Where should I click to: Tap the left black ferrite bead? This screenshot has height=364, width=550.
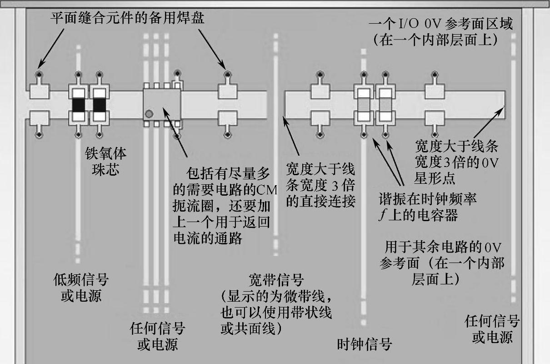tap(79, 105)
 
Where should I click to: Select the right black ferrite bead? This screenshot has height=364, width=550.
tap(100, 105)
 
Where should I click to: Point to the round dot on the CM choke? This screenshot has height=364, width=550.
tap(149, 113)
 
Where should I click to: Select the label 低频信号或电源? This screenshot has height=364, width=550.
tap(81, 288)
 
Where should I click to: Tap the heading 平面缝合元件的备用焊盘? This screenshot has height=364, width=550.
tap(127, 18)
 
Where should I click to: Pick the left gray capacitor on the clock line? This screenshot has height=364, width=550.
tap(363, 105)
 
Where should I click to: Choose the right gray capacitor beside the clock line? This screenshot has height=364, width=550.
tap(385, 105)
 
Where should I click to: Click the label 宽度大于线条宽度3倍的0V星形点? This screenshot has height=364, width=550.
tap(457, 162)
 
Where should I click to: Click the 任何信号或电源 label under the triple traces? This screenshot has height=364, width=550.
tap(157, 336)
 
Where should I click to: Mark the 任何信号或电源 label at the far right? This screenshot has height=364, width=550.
tap(492, 329)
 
